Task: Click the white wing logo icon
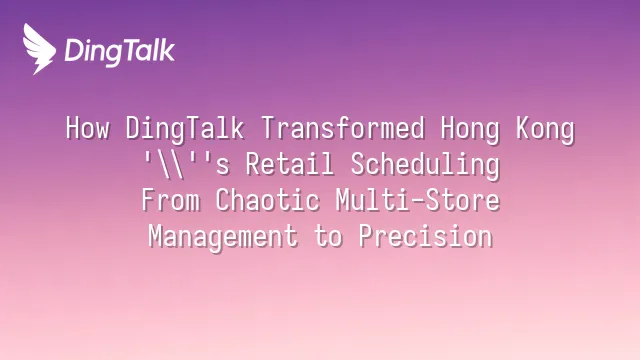click(39, 49)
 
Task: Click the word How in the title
click(88, 128)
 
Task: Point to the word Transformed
click(343, 128)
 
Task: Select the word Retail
click(290, 164)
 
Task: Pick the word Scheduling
click(425, 165)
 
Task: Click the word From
click(171, 200)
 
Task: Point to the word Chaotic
click(267, 200)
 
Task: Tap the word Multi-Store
click(418, 200)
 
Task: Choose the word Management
click(223, 237)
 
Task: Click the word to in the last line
click(328, 236)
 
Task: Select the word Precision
click(426, 236)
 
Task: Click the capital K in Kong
click(524, 128)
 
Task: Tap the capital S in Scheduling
click(358, 164)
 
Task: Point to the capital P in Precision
click(366, 236)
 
